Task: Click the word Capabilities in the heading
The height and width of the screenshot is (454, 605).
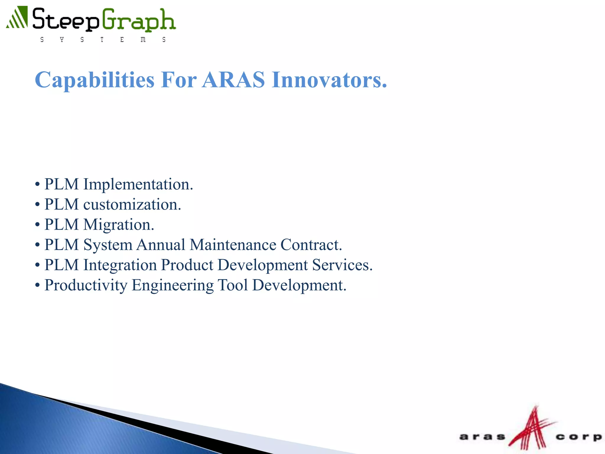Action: (95, 80)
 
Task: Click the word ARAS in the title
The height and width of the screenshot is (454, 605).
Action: (233, 80)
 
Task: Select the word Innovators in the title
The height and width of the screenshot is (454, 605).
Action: (329, 80)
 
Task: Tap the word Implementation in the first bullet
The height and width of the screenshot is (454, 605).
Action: (138, 184)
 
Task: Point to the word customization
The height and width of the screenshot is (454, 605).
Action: (132, 205)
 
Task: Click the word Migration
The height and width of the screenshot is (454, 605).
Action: (119, 225)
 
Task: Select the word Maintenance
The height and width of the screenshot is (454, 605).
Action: (233, 245)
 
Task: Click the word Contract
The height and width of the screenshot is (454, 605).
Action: (311, 245)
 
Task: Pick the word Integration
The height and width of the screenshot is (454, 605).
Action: (120, 265)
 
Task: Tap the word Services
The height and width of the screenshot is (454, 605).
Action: (342, 265)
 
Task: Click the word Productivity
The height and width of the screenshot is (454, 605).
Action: (86, 285)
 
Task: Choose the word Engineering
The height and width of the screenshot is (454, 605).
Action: (173, 285)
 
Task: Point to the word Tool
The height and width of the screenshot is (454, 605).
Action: (233, 285)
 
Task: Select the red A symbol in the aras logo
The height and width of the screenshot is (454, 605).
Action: (532, 429)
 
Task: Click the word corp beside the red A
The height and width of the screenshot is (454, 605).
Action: (578, 437)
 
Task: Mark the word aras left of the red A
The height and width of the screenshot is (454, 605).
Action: (482, 437)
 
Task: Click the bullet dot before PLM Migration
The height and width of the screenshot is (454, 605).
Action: (37, 225)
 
